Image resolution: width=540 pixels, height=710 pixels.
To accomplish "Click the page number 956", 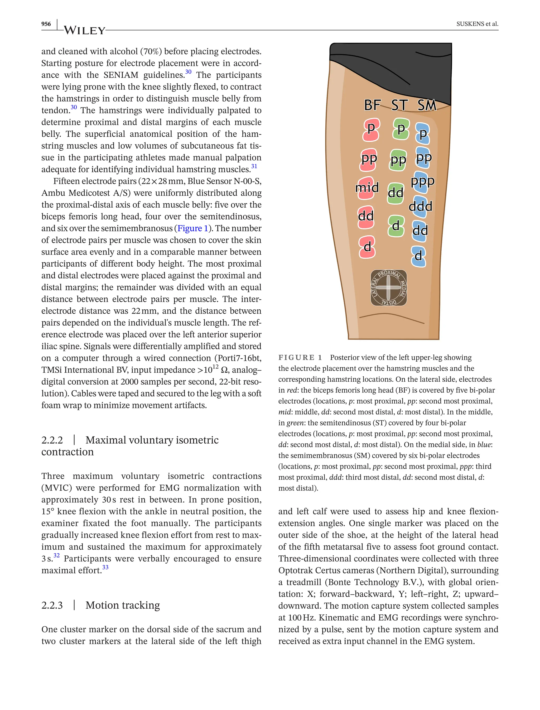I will pos(46,24).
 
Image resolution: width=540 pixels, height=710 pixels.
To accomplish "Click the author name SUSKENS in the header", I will pos(470,24).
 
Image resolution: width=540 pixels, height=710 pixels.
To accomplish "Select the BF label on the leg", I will pos(372,105).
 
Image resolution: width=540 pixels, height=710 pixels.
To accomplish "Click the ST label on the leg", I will pos(399,105).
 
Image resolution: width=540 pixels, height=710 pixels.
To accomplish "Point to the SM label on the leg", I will pos(427,105).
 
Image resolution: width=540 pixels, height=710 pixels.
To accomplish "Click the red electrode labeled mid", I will pos(367,188).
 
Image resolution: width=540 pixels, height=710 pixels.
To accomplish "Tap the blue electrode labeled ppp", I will pos(422,181).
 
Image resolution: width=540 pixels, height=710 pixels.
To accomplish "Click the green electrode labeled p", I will pos(401,129).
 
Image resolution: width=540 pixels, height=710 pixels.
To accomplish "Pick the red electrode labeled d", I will pos(367,247).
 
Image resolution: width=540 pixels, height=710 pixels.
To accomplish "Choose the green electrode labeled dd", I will pos(395,193).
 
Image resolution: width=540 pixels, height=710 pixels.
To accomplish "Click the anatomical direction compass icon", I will pos(389,287).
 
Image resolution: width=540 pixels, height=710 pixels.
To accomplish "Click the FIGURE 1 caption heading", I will pos(300,358).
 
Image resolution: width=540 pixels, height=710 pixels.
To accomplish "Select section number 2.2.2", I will pos(52,440).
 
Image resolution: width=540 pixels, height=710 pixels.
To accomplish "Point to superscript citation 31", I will pos(254,166).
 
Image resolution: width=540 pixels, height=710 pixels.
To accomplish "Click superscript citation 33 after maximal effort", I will pos(105,567).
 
